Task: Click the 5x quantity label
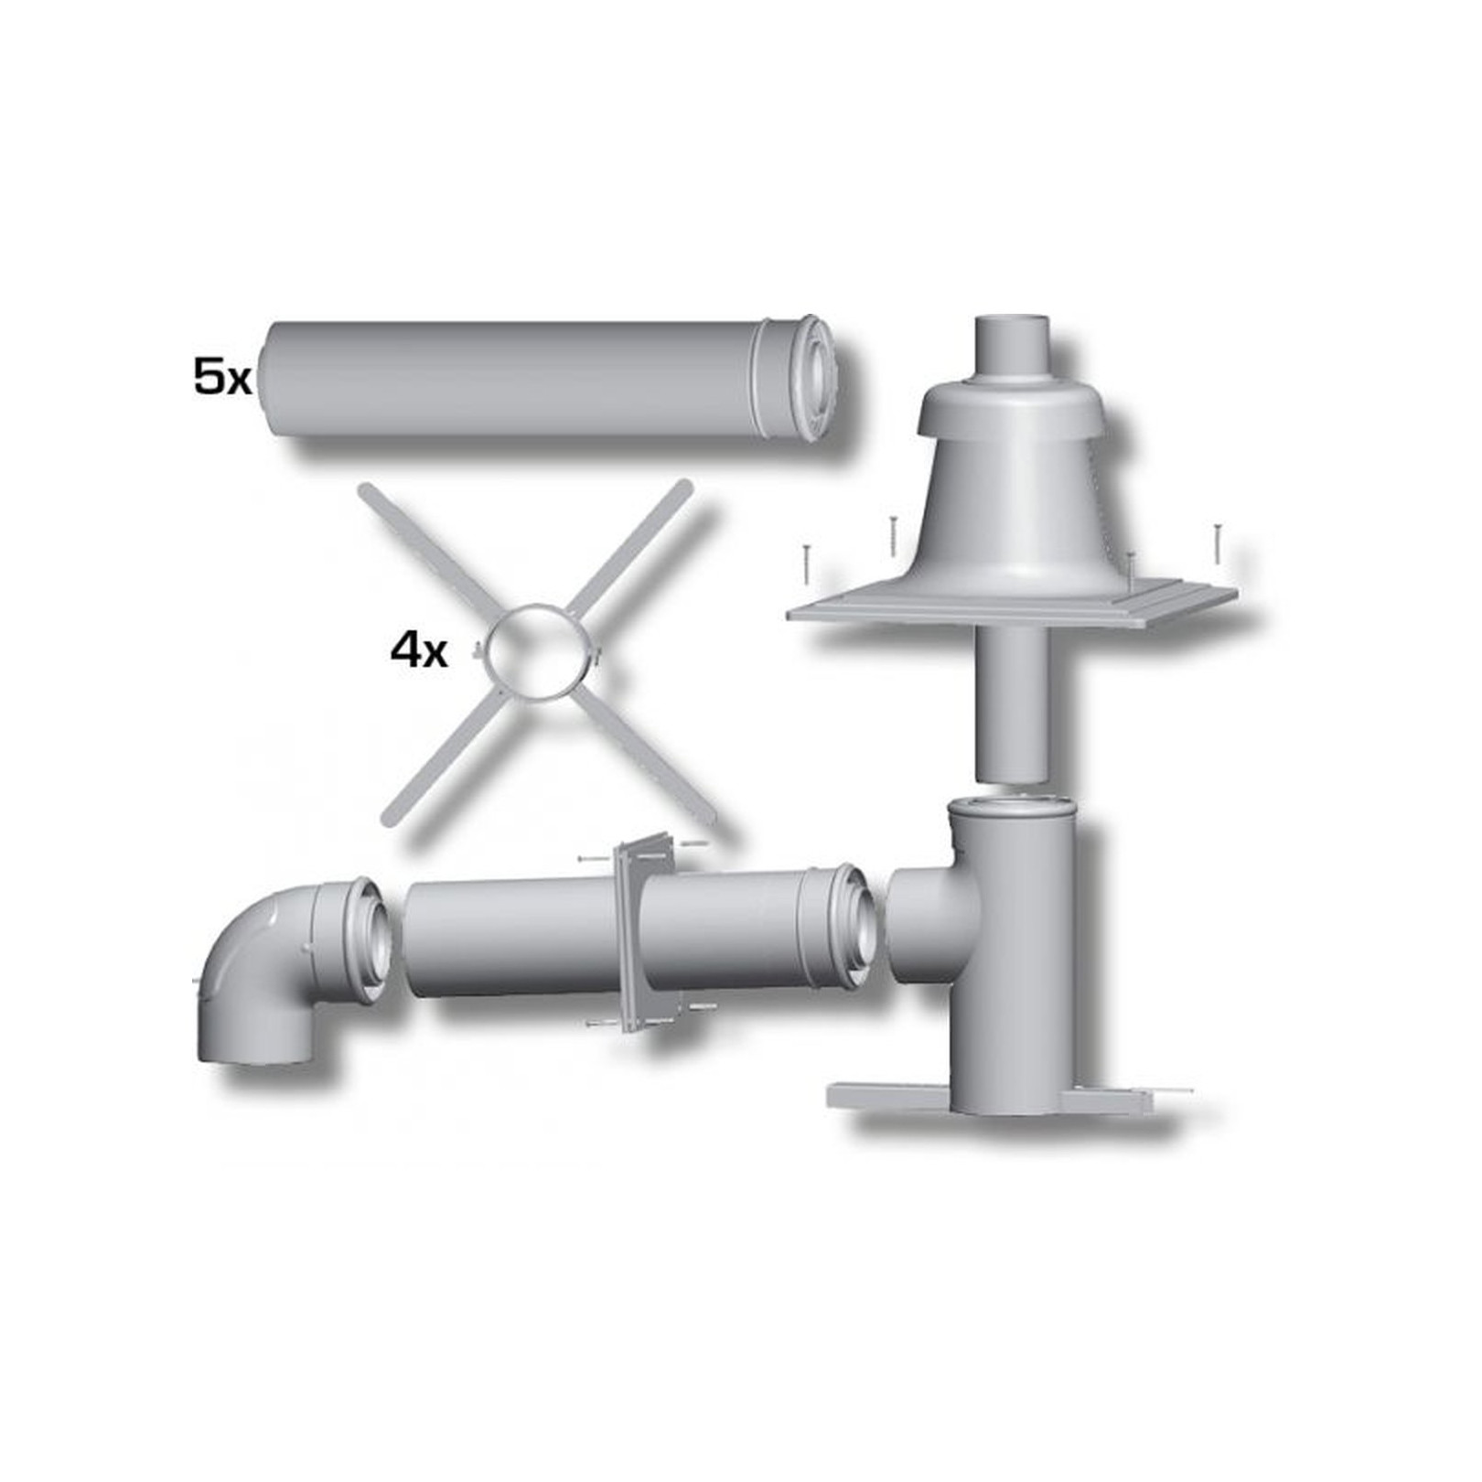(221, 378)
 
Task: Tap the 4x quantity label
(418, 652)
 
